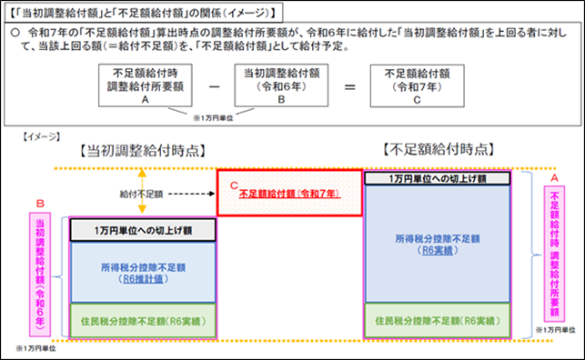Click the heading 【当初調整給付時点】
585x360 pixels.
[x=140, y=148]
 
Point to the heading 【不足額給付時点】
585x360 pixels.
[x=440, y=148]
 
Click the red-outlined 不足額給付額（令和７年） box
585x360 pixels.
[x=288, y=193]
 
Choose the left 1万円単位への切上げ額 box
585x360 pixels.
[x=142, y=230]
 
